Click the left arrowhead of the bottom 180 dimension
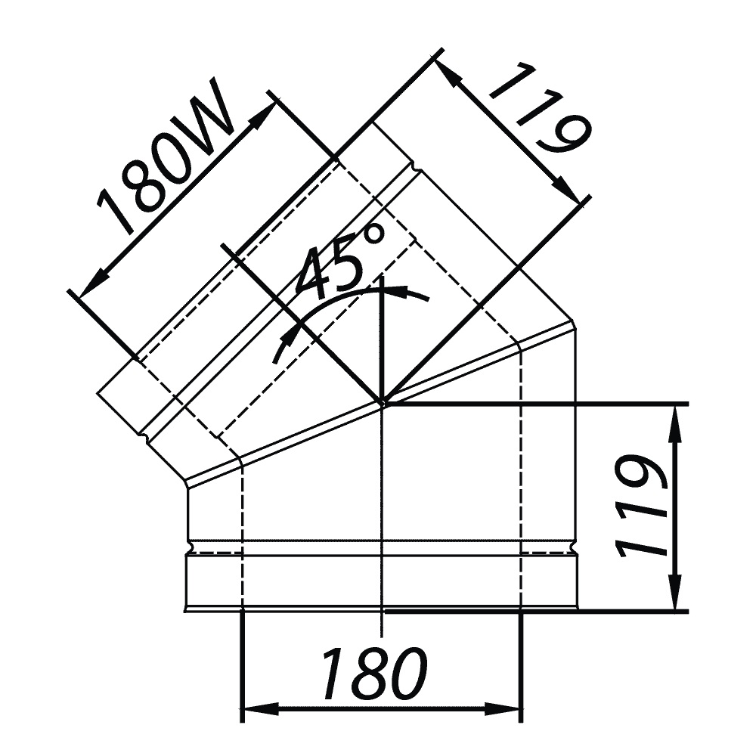point(260,709)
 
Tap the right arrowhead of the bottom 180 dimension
point(502,709)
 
